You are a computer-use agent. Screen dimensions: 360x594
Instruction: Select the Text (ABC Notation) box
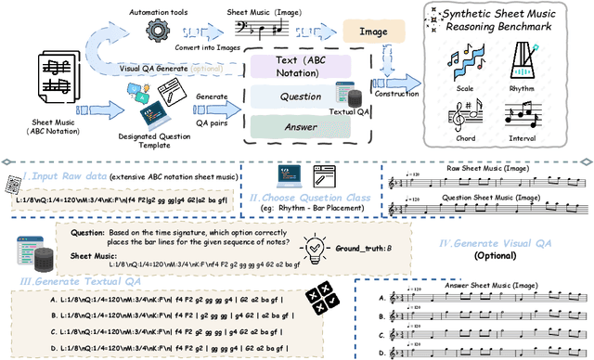coord(301,68)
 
